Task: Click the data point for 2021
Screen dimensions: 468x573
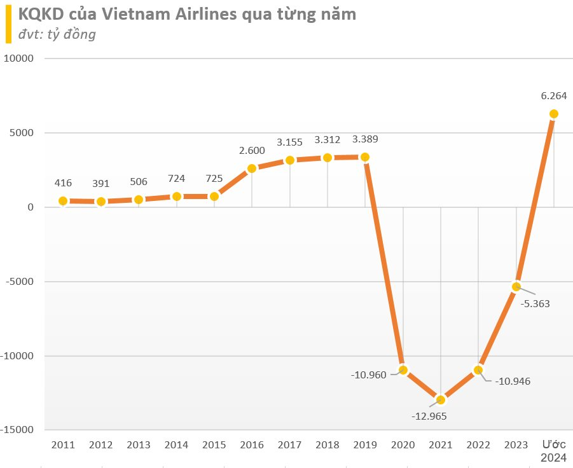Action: [440, 400]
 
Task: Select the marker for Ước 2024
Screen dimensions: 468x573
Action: [554, 114]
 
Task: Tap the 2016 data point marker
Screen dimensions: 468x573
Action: [252, 169]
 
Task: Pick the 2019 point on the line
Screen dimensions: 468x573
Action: [365, 157]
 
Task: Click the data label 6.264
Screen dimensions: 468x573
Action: [554, 96]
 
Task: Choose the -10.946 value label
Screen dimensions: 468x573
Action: [514, 382]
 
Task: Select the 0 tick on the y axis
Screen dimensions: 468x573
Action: [30, 207]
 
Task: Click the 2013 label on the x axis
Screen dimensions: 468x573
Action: [139, 444]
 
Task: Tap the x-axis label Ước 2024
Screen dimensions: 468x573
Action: [554, 451]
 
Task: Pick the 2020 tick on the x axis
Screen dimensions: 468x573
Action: [403, 444]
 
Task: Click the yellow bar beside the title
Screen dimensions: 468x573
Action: [8, 24]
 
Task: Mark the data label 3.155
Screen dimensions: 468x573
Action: [289, 142]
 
